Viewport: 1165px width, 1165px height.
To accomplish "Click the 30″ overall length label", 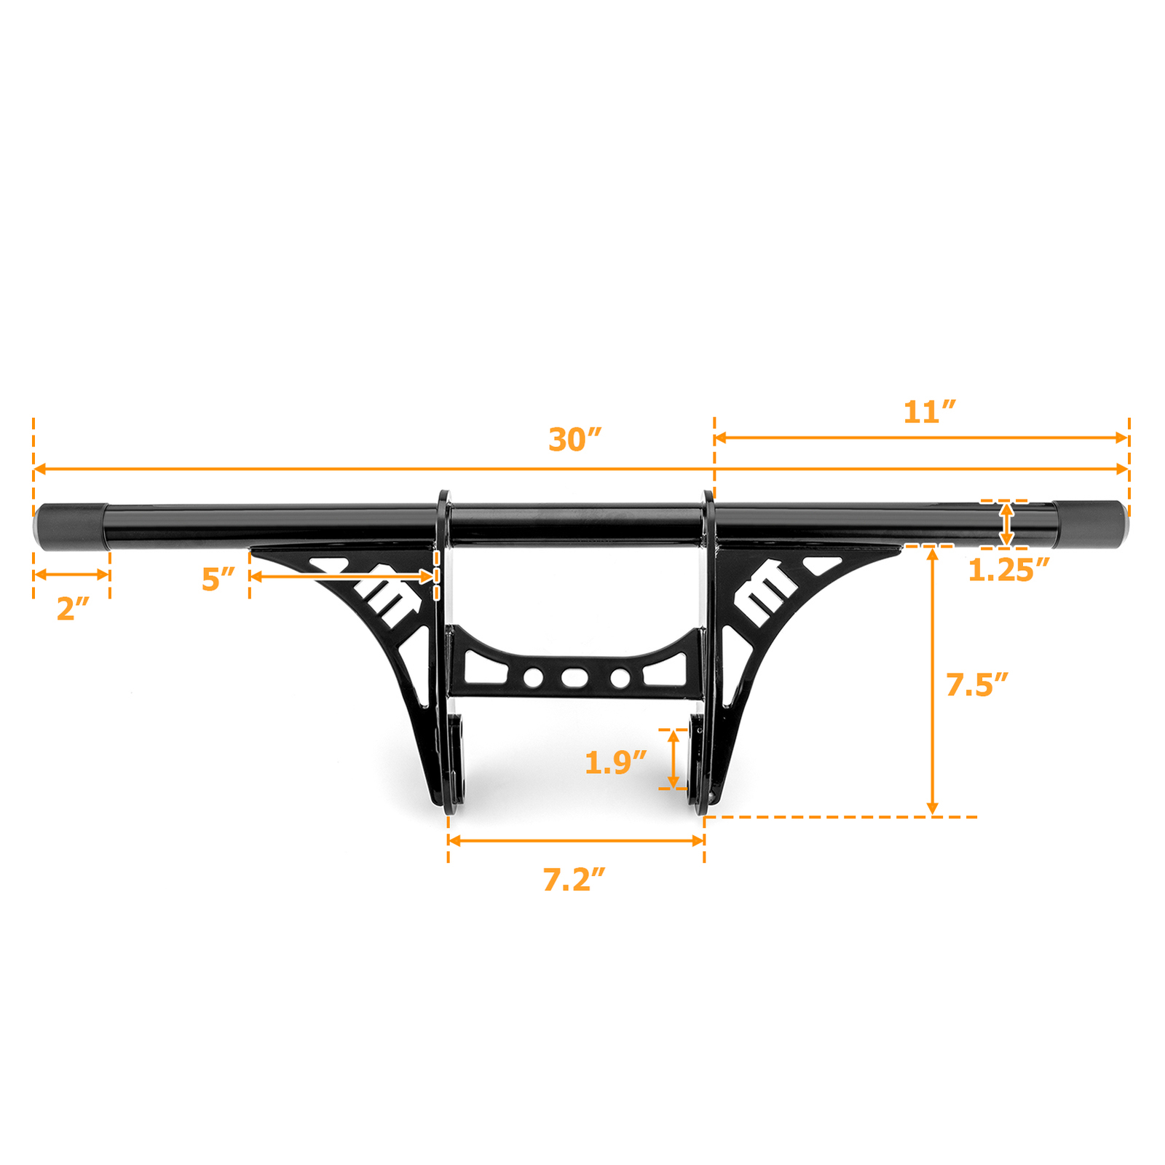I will (574, 440).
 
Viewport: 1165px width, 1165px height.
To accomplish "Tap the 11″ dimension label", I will (929, 412).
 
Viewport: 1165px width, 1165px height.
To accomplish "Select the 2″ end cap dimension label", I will (72, 609).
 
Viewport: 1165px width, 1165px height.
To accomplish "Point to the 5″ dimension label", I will (218, 580).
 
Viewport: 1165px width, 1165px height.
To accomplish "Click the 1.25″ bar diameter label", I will (1008, 570).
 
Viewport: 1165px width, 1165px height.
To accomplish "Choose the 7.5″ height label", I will (976, 684).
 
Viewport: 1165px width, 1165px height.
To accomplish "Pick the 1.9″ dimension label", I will (615, 762).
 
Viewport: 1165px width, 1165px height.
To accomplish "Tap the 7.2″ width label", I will (574, 880).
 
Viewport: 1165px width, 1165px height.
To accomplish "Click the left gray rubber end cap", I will (71, 526).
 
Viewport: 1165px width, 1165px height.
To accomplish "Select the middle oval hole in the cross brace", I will (574, 678).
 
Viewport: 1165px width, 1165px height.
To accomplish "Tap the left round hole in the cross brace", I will (533, 678).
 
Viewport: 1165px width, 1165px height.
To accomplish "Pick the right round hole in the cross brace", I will (620, 678).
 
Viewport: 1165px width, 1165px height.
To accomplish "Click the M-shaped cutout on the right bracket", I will (765, 591).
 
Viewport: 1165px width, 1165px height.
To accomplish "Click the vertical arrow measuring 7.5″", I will (932, 681).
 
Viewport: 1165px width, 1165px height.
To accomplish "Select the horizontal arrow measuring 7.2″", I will (575, 840).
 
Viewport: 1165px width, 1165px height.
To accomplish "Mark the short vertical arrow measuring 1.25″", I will (1006, 524).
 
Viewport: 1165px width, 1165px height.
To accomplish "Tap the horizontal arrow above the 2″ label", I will (71, 574).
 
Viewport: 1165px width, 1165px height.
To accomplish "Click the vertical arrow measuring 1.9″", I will (674, 759).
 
